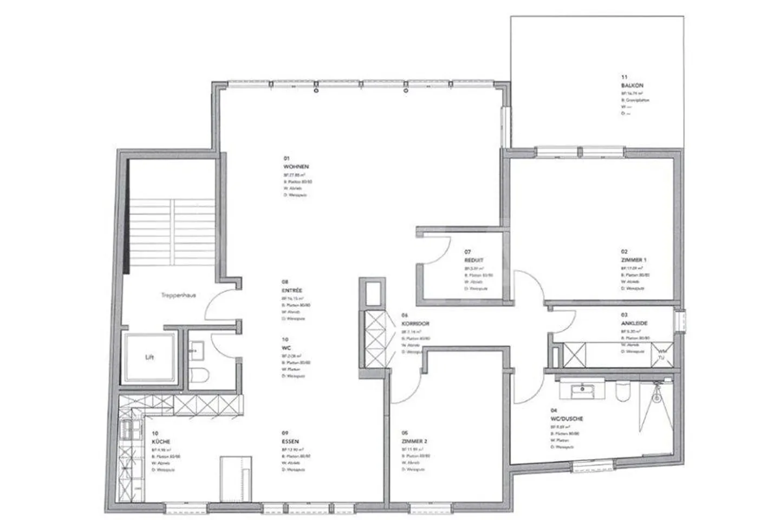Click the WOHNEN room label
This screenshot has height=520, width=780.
[x=296, y=167]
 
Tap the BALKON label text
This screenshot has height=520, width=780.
[x=632, y=86]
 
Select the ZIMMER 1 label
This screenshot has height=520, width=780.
[x=634, y=260]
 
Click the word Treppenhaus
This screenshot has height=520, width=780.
[x=178, y=296]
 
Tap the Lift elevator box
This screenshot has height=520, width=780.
[x=149, y=357]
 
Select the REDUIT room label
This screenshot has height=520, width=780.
[x=474, y=261]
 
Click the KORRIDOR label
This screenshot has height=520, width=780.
[x=415, y=323]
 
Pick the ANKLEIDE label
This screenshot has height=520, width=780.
[x=634, y=323]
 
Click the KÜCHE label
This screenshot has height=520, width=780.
[x=161, y=441]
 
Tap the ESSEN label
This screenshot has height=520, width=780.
[x=290, y=441]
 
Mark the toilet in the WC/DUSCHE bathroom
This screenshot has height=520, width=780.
[x=622, y=392]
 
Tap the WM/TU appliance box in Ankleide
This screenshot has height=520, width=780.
[x=661, y=355]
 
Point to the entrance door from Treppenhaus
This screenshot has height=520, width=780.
[x=222, y=306]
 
